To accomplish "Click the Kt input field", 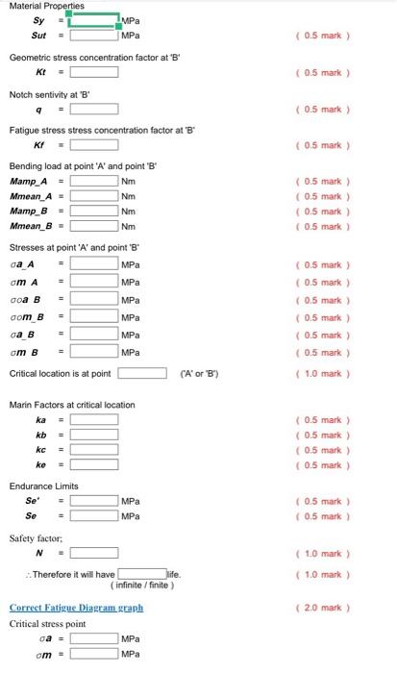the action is pos(94,72).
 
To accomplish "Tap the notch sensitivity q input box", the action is pos(94,109).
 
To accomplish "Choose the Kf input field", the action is pos(94,145).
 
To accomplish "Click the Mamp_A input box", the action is pos(94,182).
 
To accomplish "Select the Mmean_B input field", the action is pos(94,227).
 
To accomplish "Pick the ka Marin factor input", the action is pos(94,420).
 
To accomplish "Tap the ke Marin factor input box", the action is pos(94,465).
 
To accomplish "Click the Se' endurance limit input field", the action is pos(94,502).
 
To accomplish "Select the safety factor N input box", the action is pos(94,553).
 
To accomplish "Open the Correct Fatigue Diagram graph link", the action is pos(76,608).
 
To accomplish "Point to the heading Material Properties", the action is pos(46,6).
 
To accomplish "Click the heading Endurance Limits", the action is pos(44,486).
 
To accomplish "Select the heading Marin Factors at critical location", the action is pos(72,405).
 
